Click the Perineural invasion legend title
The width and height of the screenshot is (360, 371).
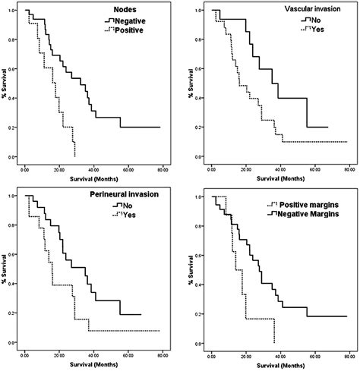click(128, 196)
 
